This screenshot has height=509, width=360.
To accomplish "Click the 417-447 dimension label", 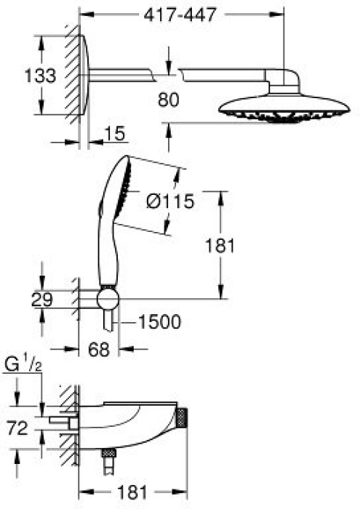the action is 180,15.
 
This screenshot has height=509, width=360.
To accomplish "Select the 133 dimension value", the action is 40,76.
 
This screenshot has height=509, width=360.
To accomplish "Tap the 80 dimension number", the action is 169,100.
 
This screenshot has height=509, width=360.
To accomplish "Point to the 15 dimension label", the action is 115,133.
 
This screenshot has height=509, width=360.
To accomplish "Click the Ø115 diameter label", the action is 170,201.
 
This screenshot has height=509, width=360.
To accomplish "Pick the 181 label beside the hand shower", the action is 220,246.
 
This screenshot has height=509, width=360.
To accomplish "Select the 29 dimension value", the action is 42,300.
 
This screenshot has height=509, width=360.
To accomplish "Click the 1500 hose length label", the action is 159,322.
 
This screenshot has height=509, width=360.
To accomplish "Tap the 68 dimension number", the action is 99,350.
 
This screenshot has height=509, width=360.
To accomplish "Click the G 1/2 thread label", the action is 23,365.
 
